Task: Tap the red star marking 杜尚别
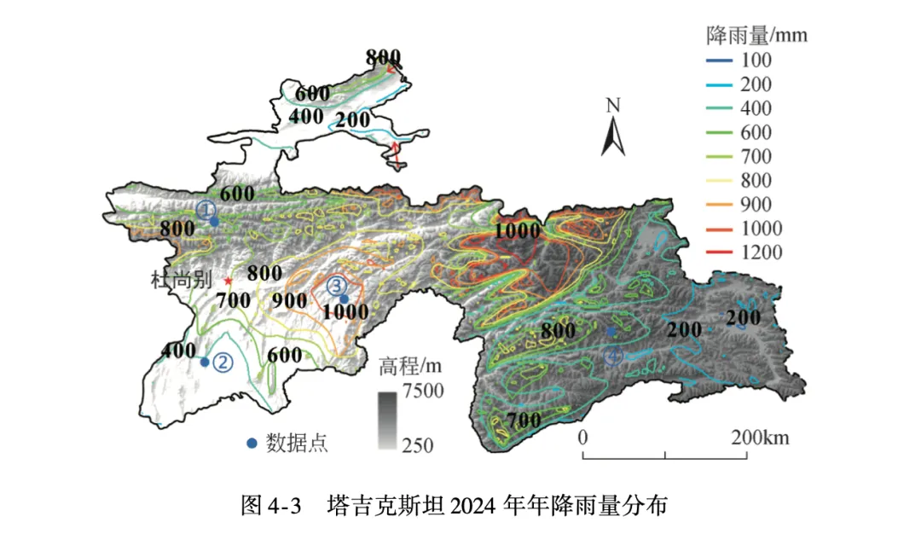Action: [x=228, y=281]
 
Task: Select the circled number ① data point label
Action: [x=205, y=209]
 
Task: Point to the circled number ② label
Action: [x=223, y=362]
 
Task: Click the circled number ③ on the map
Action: [x=336, y=285]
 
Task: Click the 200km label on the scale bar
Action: [x=759, y=438]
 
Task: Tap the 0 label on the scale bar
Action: [x=583, y=438]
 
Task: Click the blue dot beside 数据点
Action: [x=252, y=443]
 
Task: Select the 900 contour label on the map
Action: [x=290, y=300]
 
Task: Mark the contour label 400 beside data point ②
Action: [x=178, y=351]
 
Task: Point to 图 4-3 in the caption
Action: [x=271, y=505]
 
